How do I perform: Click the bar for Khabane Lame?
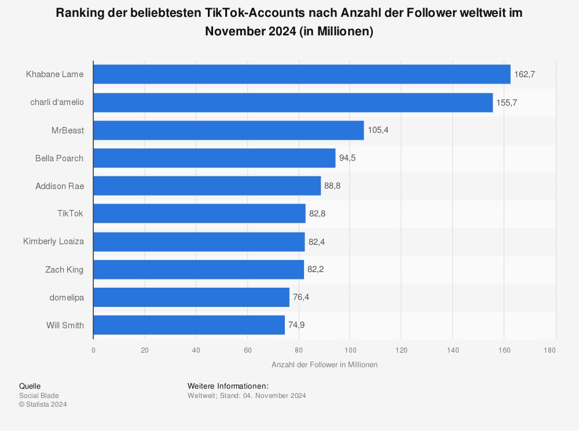tap(301, 74)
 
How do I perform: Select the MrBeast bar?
tap(228, 130)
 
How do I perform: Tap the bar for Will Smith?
tap(189, 325)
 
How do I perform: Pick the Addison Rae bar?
tap(207, 186)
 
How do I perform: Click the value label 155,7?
tap(507, 102)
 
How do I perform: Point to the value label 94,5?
tap(347, 158)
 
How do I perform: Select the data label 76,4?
tap(301, 297)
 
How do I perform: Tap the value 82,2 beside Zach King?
tap(316, 269)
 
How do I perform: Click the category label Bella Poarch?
tap(59, 158)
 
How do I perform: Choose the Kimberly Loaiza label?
tap(54, 241)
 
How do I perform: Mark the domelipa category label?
tap(67, 297)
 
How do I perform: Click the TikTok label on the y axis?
tap(71, 213)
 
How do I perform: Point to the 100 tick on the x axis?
tap(350, 350)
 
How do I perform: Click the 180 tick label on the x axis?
tap(550, 350)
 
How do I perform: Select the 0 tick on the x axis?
tap(93, 350)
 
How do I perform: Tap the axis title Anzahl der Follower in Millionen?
tap(324, 364)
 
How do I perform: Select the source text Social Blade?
tap(39, 396)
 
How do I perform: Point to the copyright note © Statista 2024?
tap(43, 404)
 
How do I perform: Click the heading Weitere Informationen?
tap(228, 386)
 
